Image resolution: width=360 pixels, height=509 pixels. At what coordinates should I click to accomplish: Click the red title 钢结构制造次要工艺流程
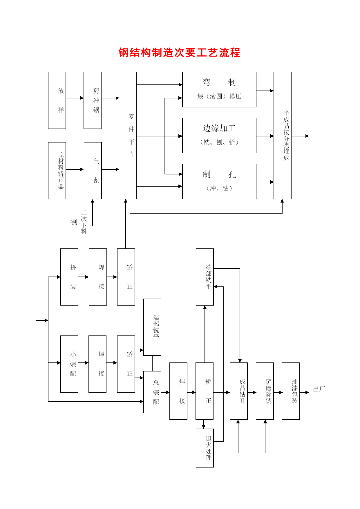[179, 53]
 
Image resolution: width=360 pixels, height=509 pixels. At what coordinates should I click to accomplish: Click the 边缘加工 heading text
[219, 128]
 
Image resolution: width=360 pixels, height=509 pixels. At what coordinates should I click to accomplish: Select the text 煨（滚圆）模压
[219, 96]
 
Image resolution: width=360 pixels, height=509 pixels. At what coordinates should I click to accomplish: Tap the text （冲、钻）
[219, 188]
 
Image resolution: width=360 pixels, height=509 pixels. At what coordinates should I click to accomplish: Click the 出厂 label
[319, 389]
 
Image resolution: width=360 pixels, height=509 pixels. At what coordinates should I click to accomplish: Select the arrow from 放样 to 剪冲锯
[75, 98]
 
